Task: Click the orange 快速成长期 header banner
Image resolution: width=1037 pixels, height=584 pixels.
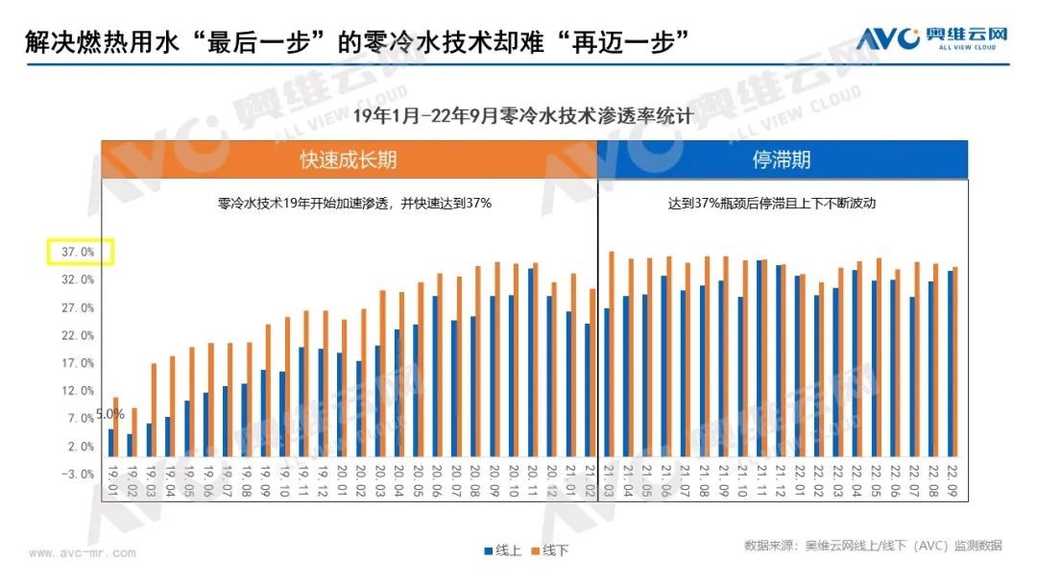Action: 349,159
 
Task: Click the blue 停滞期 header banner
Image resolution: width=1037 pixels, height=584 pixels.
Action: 782,159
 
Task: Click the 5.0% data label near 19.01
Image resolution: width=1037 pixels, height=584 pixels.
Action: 109,414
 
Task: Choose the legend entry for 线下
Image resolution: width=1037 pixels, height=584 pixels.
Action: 549,550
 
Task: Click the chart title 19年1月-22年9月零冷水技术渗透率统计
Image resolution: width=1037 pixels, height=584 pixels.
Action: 522,116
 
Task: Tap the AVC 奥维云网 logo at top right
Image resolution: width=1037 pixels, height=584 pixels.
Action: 931,36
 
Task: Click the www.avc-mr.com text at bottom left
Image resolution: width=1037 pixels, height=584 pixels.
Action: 82,553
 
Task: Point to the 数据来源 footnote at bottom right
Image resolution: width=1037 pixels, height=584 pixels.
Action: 872,546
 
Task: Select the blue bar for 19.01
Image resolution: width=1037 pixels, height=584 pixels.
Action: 110,443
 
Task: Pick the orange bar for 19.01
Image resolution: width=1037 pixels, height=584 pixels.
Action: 116,426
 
